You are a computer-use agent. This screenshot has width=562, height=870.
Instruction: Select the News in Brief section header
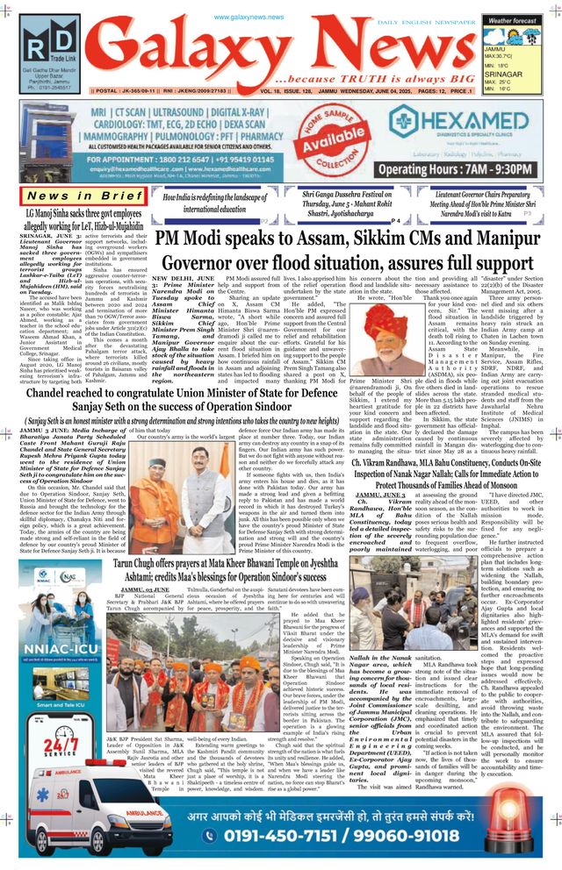84,195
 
